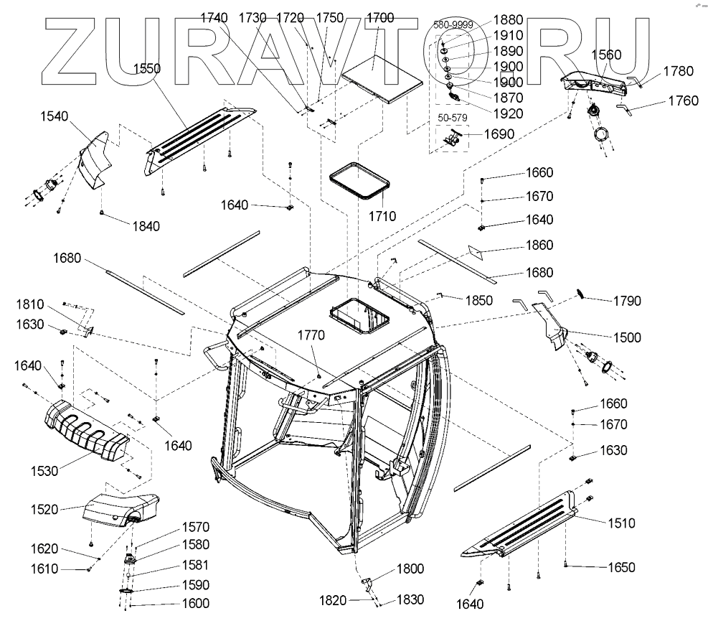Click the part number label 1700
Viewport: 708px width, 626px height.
[x=379, y=17]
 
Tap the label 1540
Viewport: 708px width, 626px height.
[x=54, y=116]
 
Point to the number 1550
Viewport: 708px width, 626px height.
[x=146, y=69]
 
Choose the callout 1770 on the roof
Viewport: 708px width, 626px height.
[x=312, y=335]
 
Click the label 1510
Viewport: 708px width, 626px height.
[x=621, y=523]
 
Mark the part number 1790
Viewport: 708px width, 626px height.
[x=627, y=301]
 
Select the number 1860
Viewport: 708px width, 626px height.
[x=539, y=246]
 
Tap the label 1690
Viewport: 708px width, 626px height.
[x=499, y=134]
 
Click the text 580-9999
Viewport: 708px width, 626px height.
[x=451, y=24]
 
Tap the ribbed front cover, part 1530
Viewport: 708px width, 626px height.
[x=86, y=431]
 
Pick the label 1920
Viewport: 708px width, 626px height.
[x=509, y=113]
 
